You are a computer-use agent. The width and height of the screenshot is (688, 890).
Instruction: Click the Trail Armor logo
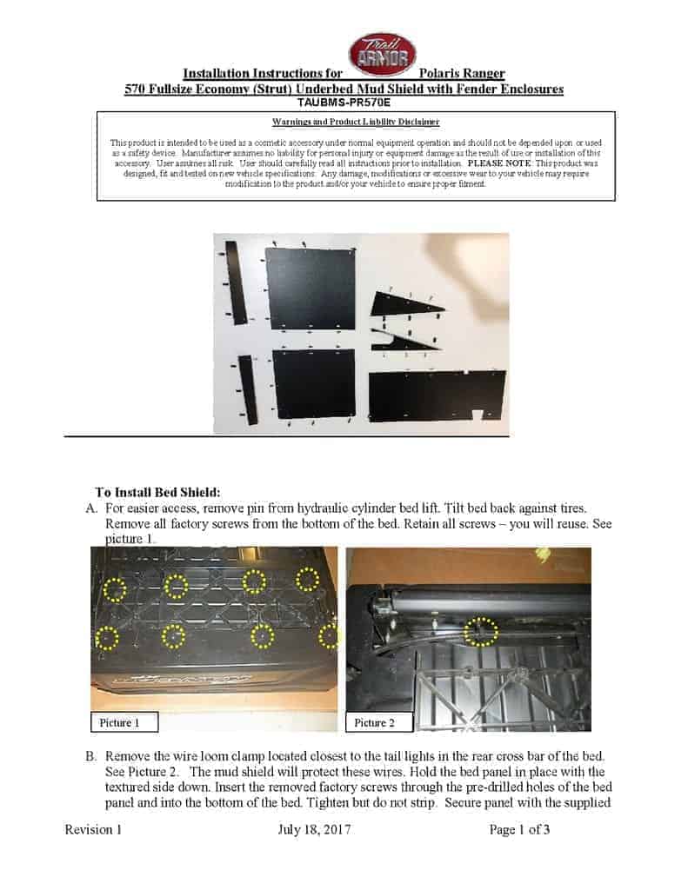(382, 55)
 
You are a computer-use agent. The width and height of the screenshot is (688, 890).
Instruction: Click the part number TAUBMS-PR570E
(344, 102)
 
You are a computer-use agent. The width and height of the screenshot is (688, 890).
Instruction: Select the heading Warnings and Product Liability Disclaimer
(356, 123)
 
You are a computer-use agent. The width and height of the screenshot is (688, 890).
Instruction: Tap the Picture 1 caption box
(124, 722)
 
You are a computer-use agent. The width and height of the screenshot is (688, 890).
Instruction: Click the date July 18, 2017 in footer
(313, 830)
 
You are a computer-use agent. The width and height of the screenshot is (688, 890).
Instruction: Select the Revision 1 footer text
(93, 830)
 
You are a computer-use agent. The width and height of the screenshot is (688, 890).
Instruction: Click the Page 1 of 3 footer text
(519, 830)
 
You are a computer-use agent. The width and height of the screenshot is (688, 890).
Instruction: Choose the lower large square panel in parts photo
(314, 384)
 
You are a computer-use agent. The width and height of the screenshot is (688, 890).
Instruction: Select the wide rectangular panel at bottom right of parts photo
(437, 395)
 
